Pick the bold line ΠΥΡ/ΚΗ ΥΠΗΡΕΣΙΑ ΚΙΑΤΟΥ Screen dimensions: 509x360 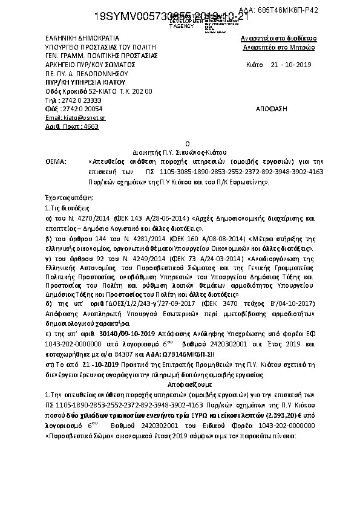coord(85,82)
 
